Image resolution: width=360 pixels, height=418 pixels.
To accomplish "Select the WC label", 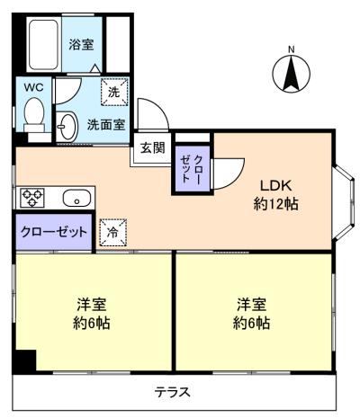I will coord(34,87).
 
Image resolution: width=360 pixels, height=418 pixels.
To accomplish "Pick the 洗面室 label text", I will coord(105,124).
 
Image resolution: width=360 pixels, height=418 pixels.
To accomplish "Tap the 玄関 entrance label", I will coord(152,147).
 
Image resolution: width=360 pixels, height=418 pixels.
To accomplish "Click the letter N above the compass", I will coord(290,49).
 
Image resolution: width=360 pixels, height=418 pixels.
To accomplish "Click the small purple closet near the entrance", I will coord(192,168).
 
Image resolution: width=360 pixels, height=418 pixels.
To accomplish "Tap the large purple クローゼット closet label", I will coord(55,231).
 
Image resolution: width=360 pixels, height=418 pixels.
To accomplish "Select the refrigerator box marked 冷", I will coord(112,231).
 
